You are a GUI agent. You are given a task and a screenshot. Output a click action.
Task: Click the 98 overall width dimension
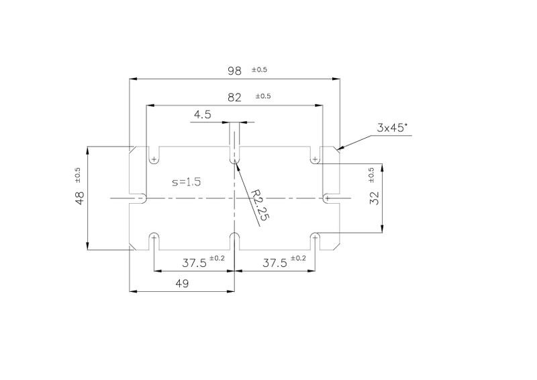(234, 71)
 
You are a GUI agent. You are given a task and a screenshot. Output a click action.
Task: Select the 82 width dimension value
(234, 98)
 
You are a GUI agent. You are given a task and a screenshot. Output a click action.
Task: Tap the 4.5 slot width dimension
(203, 114)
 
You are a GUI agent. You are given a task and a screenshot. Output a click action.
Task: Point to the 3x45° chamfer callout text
(393, 128)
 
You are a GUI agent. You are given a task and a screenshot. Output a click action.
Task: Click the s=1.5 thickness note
(187, 182)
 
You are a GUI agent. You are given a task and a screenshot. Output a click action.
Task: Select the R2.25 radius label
(260, 204)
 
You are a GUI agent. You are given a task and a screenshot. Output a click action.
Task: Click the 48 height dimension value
(79, 198)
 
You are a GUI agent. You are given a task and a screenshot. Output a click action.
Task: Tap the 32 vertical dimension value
(375, 198)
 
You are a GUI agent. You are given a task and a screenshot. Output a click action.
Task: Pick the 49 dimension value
(182, 284)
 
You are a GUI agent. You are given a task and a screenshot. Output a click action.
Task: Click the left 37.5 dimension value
(194, 263)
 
